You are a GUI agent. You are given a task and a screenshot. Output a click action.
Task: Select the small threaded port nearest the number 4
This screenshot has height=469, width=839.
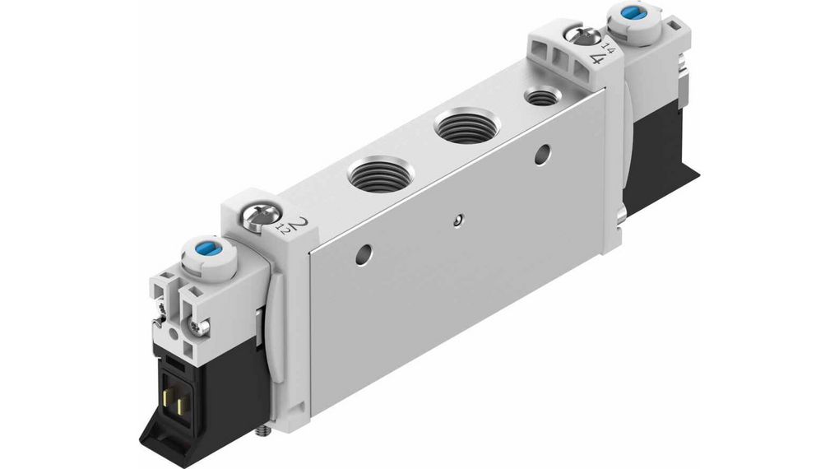[540, 97]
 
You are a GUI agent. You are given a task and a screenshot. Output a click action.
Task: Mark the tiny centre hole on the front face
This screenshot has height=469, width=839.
[458, 219]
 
